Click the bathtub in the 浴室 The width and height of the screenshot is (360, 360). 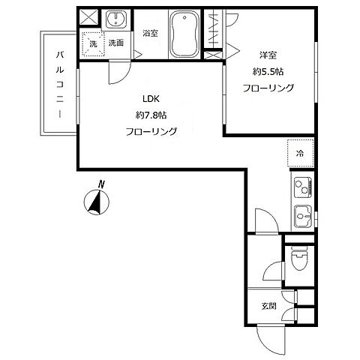(184, 34)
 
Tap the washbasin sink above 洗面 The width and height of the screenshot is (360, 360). (116, 19)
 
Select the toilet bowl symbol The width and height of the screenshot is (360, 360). (299, 259)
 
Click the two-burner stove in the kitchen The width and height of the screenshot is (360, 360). (303, 187)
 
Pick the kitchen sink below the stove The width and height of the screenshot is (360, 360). (303, 217)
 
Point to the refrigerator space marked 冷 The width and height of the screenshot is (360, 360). (300, 153)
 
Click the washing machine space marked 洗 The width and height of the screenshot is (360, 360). (93, 44)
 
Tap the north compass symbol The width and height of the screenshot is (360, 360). (97, 202)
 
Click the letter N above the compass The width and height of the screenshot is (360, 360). (101, 184)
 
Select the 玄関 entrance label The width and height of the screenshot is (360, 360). (268, 306)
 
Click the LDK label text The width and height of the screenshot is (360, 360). (151, 99)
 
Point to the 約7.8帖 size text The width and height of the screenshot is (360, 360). (151, 115)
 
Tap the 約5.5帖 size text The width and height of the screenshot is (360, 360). (268, 72)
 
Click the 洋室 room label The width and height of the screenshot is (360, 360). (268, 55)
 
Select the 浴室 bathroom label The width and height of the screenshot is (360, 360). (150, 33)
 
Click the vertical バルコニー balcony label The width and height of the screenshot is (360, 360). (59, 84)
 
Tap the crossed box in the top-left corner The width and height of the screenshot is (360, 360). (89, 17)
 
